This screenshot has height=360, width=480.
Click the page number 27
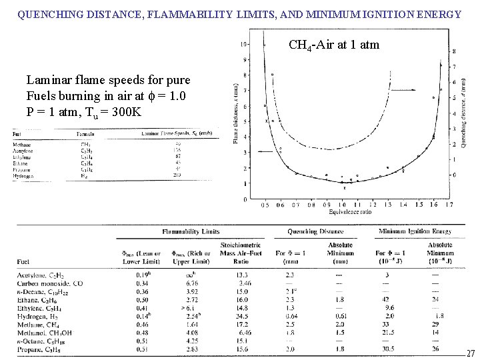point(470,354)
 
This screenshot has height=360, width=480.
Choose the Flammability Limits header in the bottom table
point(190,232)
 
